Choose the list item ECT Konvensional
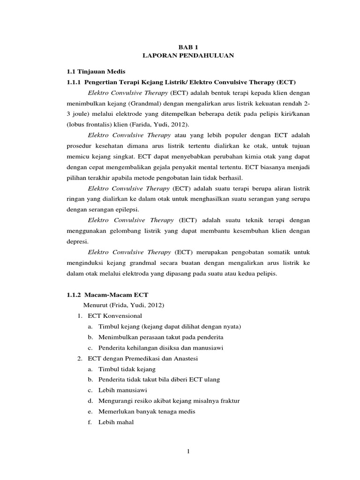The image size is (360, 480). coord(114,316)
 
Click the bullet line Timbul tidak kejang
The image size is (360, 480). coord(123,369)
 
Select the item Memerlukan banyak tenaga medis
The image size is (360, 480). coord(147,412)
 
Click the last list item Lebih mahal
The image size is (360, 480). coord(116,422)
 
